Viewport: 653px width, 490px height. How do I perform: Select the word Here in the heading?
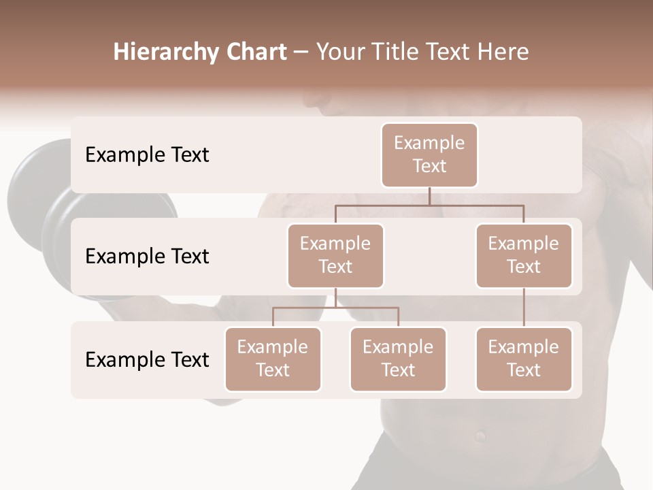(503, 52)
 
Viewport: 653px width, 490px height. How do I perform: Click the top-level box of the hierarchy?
(429, 154)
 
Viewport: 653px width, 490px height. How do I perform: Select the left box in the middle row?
(335, 255)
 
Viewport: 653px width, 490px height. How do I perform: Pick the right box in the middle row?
(524, 255)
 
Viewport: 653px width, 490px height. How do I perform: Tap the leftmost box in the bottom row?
(273, 359)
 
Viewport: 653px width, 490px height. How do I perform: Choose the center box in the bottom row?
(398, 359)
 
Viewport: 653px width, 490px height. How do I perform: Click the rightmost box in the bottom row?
(524, 359)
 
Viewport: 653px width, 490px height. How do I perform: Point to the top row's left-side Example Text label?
(147, 155)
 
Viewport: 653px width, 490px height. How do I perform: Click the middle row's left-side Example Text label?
(147, 257)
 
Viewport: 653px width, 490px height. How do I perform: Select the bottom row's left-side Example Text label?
(147, 359)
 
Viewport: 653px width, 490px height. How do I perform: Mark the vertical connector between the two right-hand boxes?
(524, 308)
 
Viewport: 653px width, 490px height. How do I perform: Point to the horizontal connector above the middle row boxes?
(429, 205)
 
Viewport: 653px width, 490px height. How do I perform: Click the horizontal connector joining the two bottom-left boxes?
(335, 308)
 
